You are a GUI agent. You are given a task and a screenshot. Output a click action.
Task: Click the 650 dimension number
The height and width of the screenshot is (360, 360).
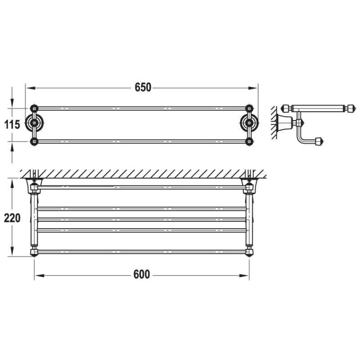[x=142, y=88]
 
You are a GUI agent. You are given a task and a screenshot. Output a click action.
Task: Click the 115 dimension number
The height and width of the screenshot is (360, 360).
[x=12, y=125]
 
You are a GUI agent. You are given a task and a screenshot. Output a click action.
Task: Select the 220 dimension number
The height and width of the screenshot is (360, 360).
[x=12, y=218]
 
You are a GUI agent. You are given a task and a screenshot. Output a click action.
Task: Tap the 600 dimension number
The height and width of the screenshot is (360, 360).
[x=141, y=274]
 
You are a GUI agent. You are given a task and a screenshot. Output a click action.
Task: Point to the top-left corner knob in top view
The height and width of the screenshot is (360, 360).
[x=33, y=108]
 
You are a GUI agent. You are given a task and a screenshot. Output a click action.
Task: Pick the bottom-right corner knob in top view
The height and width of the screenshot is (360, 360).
[x=249, y=142]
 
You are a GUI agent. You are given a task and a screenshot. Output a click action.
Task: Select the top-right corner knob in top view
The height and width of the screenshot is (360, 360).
[x=249, y=108]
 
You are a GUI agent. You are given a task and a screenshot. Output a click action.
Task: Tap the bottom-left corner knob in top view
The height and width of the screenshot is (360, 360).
[x=33, y=142]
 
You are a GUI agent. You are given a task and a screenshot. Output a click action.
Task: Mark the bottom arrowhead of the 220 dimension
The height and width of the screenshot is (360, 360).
[x=12, y=253]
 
